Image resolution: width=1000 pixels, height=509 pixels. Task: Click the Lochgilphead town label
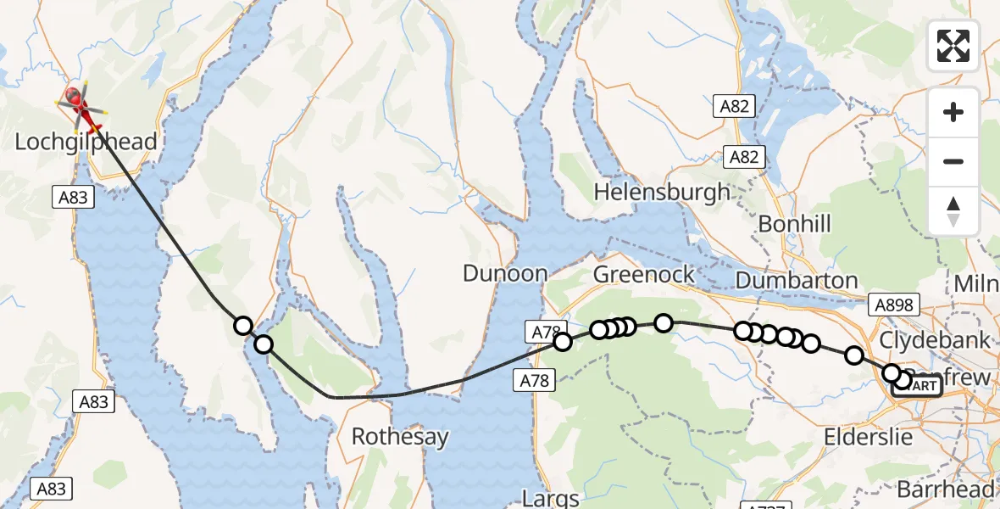click(x=86, y=141)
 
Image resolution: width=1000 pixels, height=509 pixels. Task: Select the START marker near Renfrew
click(x=917, y=385)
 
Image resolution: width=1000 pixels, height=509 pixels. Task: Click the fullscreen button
click(x=953, y=46)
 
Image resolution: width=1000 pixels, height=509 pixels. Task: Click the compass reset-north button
click(x=953, y=211)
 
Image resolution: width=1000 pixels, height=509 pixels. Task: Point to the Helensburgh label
click(x=661, y=192)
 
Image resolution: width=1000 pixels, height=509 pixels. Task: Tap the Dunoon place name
click(x=505, y=273)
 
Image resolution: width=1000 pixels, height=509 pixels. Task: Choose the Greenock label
click(x=644, y=274)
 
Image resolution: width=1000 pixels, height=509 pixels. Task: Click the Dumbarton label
click(x=797, y=280)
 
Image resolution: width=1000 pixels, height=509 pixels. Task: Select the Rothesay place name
click(x=400, y=437)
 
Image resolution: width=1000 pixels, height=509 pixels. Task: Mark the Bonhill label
click(x=795, y=225)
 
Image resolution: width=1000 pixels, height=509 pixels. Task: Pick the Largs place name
click(x=551, y=498)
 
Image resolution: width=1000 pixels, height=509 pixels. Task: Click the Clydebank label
click(x=935, y=340)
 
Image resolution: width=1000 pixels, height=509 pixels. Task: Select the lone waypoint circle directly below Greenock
click(x=664, y=322)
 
